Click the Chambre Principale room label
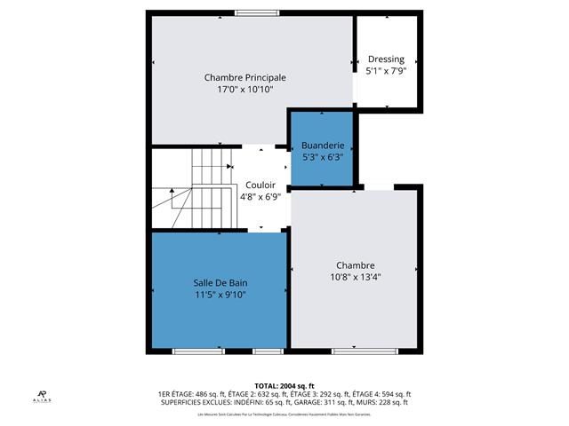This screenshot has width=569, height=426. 244,77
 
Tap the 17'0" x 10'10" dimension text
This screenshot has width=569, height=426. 244,89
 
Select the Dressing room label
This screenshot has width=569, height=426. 386,59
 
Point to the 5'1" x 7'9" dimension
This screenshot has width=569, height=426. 386,71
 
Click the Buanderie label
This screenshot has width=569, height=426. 321,145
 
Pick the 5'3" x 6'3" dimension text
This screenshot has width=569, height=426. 321,156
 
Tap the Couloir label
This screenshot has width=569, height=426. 260,185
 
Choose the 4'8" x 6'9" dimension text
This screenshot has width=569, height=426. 260,197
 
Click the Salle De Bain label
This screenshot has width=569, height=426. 220,283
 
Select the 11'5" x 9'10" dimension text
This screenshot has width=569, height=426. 220,295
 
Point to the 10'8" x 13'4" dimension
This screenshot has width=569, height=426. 355,277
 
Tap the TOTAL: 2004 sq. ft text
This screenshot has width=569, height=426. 284,386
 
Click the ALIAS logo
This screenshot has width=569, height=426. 43,396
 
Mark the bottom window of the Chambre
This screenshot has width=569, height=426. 354,351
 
